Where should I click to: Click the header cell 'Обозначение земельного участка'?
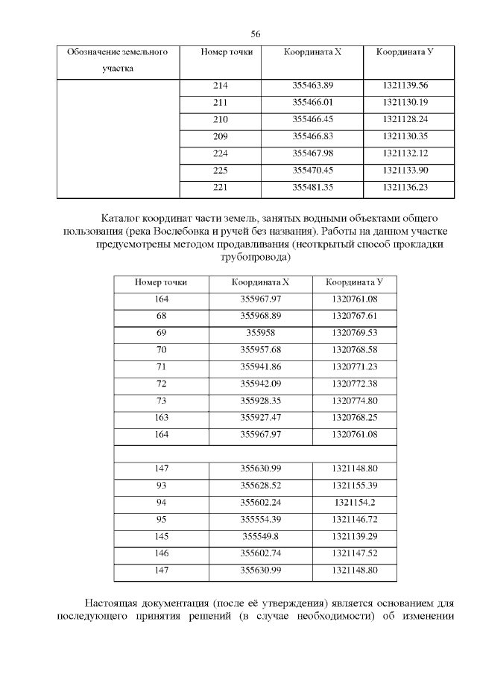click(x=117, y=61)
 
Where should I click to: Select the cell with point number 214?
click(x=220, y=86)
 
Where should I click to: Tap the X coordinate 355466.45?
click(x=312, y=119)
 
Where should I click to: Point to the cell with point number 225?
click(x=220, y=170)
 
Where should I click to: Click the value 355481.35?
click(x=312, y=187)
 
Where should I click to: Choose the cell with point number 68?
click(x=162, y=316)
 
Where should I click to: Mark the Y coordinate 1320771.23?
click(x=354, y=366)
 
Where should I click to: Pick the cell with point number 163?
click(x=162, y=418)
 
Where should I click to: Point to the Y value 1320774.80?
click(x=354, y=401)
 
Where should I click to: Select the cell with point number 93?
click(x=162, y=486)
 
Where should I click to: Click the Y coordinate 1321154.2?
click(x=354, y=503)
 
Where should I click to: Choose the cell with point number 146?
click(x=162, y=553)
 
